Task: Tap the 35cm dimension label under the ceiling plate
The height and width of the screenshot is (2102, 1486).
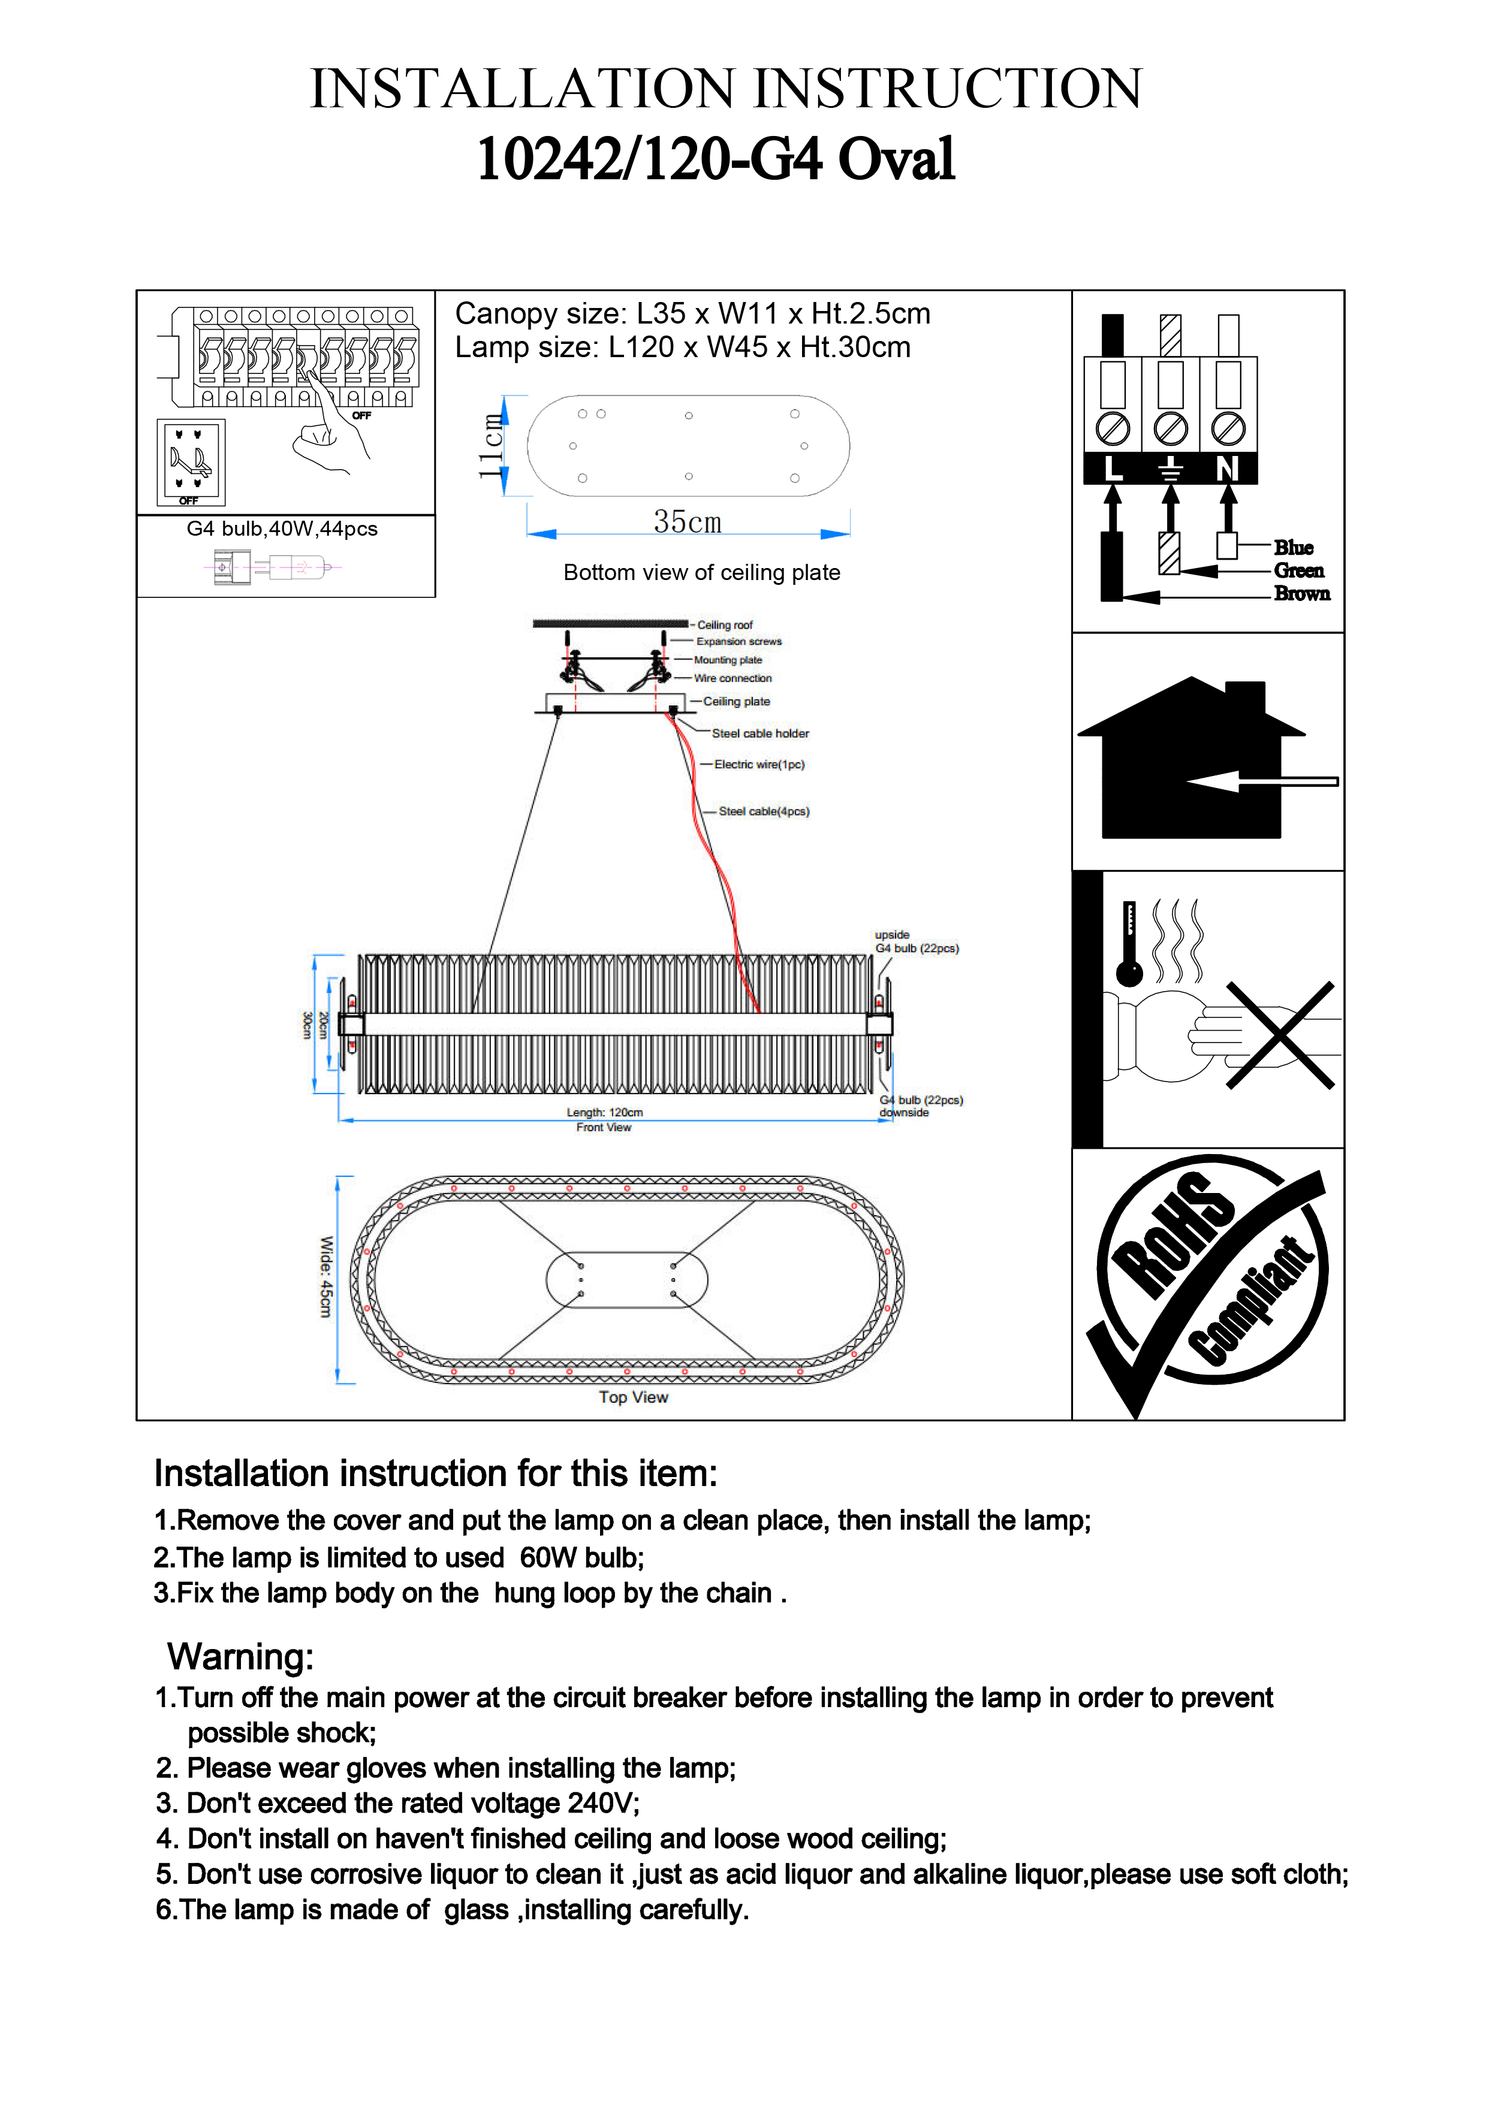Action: (x=688, y=522)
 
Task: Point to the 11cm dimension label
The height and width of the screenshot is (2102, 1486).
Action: (x=492, y=446)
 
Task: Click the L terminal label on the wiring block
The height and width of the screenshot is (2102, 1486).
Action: (x=1113, y=469)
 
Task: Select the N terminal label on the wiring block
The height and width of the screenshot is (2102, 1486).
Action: (x=1227, y=469)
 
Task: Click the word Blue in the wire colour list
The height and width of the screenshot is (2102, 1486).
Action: (x=1293, y=548)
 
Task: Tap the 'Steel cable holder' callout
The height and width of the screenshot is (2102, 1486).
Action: (x=760, y=733)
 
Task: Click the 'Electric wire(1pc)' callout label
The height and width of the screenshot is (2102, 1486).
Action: (x=759, y=765)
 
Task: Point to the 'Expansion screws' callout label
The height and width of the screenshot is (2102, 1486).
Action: (x=739, y=642)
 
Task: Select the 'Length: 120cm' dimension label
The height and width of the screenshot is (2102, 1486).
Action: (x=604, y=1112)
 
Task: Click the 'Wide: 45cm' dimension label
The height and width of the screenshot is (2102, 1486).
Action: (x=325, y=1277)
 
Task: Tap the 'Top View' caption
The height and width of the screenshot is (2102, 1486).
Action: (x=634, y=1397)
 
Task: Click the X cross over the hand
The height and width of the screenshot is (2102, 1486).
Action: (x=1280, y=1035)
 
